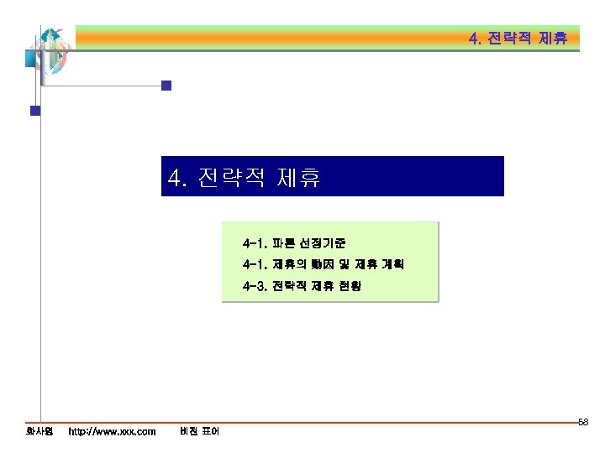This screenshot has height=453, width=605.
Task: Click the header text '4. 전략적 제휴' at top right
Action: click(x=518, y=39)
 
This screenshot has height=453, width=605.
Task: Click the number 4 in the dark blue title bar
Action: click(x=175, y=178)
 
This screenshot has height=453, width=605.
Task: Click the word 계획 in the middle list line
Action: click(x=392, y=265)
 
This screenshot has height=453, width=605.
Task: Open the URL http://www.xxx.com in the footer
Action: click(x=112, y=431)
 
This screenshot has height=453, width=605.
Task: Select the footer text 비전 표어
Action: click(x=199, y=431)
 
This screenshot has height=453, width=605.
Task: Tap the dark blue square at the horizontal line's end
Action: click(x=166, y=85)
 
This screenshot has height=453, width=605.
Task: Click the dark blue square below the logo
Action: click(x=35, y=110)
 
